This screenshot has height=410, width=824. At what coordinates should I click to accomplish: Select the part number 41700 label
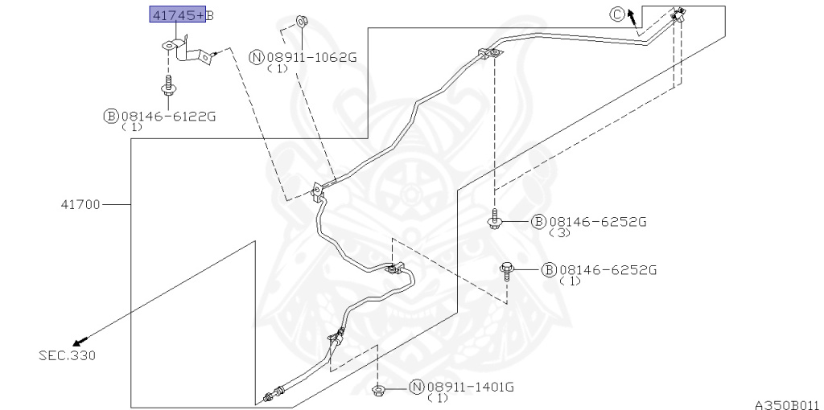coord(80,204)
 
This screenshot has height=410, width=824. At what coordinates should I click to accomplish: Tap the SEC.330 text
coord(68,355)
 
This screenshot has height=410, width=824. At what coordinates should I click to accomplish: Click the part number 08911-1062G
coord(311,57)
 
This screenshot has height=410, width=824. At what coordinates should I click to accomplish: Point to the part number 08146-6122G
coord(168,116)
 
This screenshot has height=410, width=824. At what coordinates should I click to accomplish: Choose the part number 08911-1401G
coord(469,387)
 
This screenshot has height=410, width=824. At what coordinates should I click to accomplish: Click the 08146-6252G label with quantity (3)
coord(597,222)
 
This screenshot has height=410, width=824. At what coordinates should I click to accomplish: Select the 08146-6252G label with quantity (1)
coord(608,270)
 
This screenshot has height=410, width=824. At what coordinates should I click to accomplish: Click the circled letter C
coord(617,14)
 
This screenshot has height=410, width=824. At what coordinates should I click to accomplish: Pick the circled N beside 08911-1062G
coord(257,57)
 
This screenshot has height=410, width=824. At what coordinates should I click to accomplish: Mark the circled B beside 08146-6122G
coord(111,116)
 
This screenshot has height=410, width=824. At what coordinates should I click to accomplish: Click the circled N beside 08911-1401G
coord(416,387)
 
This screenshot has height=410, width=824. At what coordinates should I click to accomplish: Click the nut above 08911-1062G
coord(303,22)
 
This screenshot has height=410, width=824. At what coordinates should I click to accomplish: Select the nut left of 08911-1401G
coord(378,390)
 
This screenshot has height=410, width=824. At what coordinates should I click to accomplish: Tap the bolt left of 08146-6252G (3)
coord(494,219)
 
